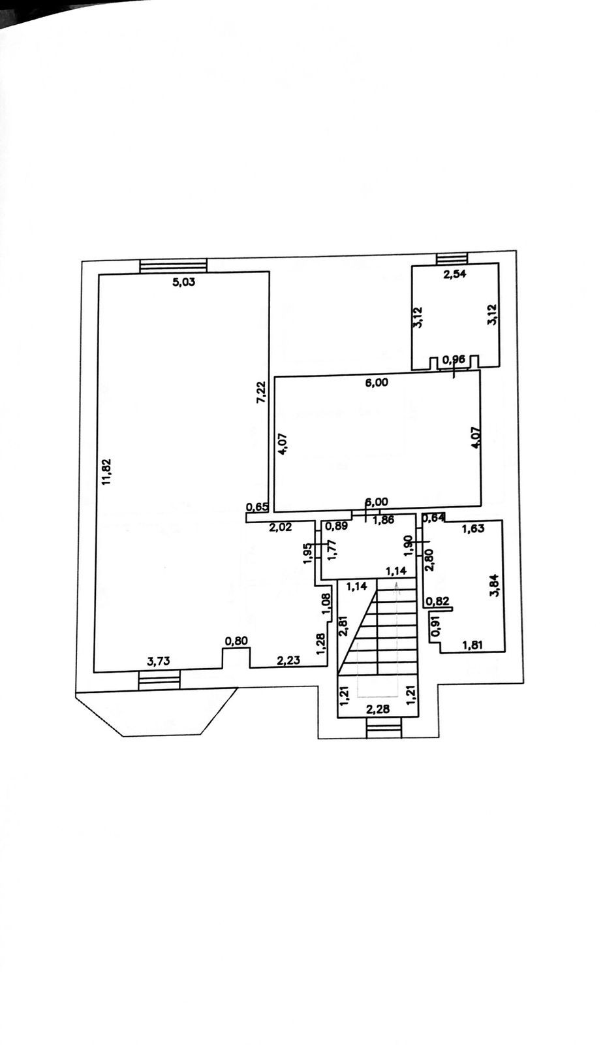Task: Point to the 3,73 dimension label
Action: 159,662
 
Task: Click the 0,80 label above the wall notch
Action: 236,641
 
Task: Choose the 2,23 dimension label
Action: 289,660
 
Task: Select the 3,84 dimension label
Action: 495,585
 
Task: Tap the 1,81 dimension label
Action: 473,646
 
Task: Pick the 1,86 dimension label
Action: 383,521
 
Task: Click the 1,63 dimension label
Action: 473,529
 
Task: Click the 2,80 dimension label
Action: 429,560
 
